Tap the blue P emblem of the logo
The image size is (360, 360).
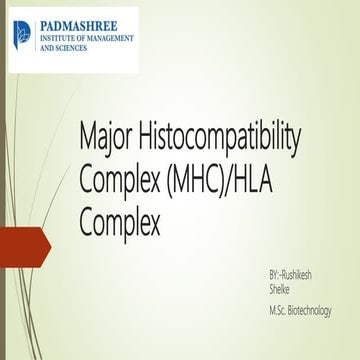coord(22,35)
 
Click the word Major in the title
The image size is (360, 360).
coord(107,134)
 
